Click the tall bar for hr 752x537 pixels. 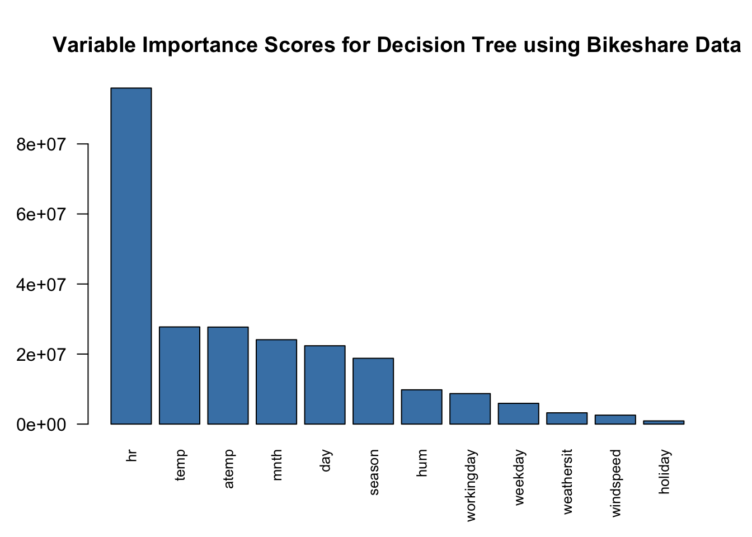pyautogui.click(x=131, y=256)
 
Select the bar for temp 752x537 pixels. pyautogui.click(x=180, y=375)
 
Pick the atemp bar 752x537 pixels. pyautogui.click(x=228, y=375)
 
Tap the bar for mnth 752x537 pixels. pyautogui.click(x=276, y=381)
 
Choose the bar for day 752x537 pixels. pyautogui.click(x=325, y=385)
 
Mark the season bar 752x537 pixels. pyautogui.click(x=373, y=391)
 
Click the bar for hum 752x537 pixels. pyautogui.click(x=421, y=407)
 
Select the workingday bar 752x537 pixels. pyautogui.click(x=470, y=409)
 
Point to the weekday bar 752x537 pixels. pyautogui.click(x=518, y=413)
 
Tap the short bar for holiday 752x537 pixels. pyautogui.click(x=664, y=422)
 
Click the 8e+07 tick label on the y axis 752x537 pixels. pyautogui.click(x=42, y=144)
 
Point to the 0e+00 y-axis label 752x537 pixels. pyautogui.click(x=42, y=425)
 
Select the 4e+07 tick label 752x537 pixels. pyautogui.click(x=42, y=284)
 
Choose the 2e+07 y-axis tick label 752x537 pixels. pyautogui.click(x=42, y=355)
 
